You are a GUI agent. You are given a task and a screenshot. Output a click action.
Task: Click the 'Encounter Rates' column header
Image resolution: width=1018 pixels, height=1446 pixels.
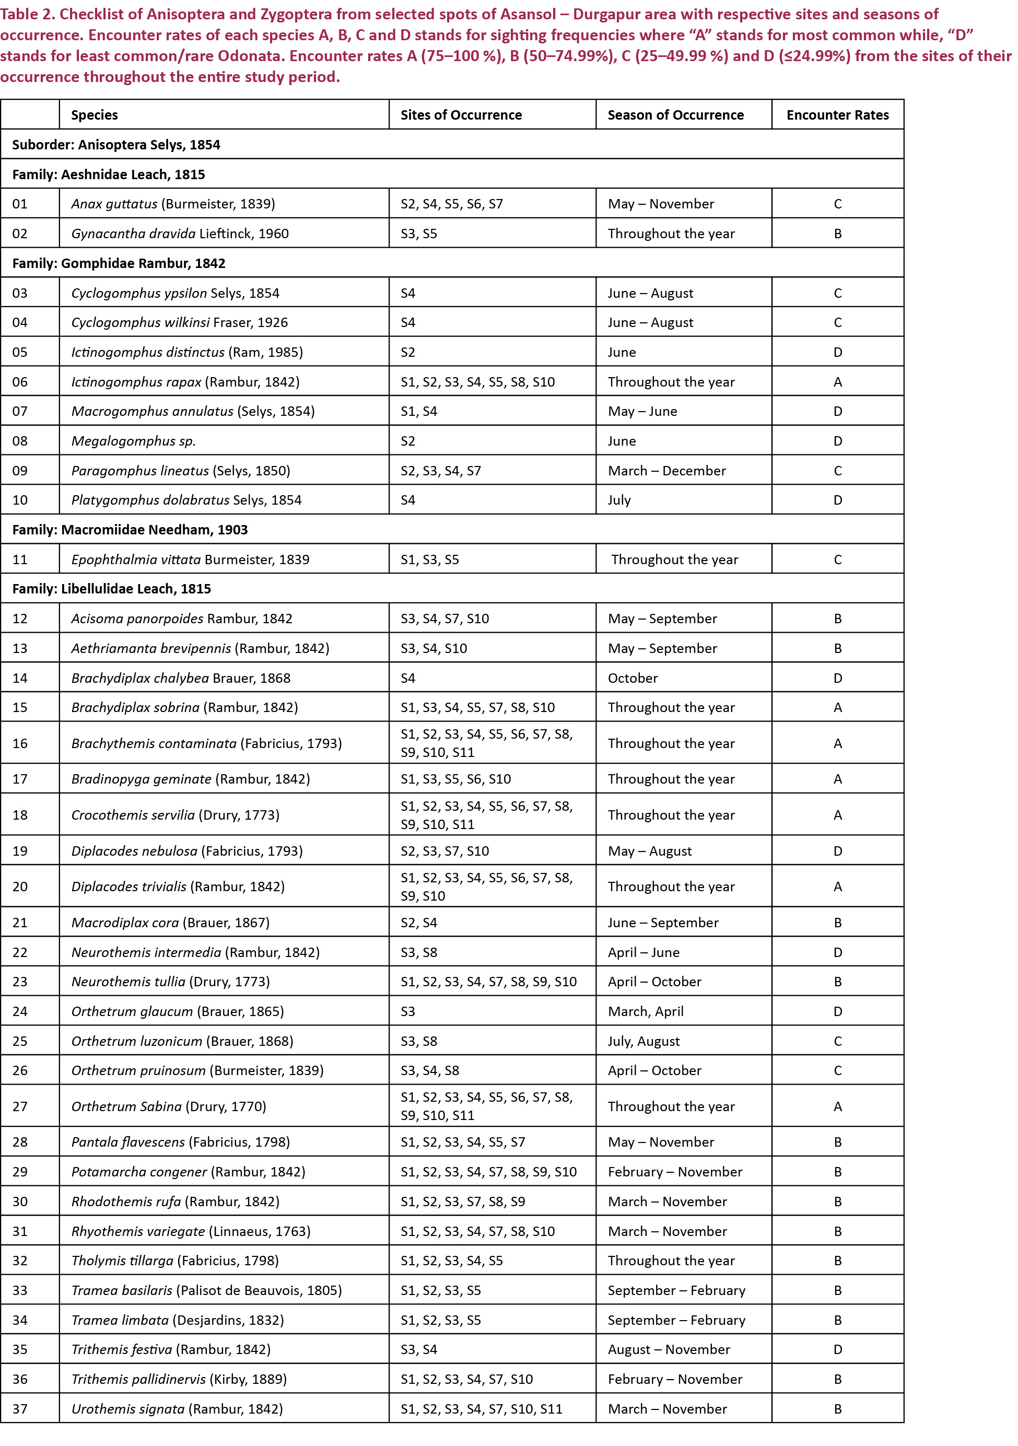coord(837,114)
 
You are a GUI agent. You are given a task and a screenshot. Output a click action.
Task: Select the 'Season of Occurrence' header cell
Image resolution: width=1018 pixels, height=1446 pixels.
coord(675,114)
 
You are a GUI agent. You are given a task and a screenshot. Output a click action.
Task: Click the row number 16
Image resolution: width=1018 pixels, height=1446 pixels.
coord(20,743)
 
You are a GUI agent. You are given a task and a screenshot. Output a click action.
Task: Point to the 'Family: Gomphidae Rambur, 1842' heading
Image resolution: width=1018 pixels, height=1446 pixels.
coord(119,263)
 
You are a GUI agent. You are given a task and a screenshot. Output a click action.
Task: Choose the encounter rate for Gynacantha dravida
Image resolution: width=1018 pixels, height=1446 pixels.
coord(837,234)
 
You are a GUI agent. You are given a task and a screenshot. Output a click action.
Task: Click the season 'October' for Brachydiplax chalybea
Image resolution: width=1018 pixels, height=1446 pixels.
coord(632,678)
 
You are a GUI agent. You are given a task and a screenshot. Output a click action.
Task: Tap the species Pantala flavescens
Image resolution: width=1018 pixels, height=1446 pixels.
coord(128,1142)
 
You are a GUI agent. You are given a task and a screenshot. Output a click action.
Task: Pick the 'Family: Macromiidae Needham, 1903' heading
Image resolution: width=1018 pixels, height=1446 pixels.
coord(130,530)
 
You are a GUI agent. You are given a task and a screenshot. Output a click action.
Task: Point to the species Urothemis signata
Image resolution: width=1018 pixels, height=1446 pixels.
coord(128,1409)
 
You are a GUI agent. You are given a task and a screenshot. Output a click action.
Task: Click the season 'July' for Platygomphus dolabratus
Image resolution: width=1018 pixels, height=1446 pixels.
coord(619,500)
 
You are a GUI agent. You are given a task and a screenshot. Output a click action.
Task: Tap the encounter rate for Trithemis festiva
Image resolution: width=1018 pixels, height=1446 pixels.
coord(837,1350)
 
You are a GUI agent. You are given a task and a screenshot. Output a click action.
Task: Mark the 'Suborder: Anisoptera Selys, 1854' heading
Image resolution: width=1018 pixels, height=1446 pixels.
coord(116,145)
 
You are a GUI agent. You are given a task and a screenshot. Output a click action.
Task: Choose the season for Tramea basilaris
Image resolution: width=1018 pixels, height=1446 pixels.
coord(676,1290)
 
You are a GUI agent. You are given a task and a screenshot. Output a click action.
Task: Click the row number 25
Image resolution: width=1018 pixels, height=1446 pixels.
coord(20,1041)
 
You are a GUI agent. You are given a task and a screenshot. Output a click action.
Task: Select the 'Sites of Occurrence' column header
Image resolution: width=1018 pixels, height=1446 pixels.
coord(461,114)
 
